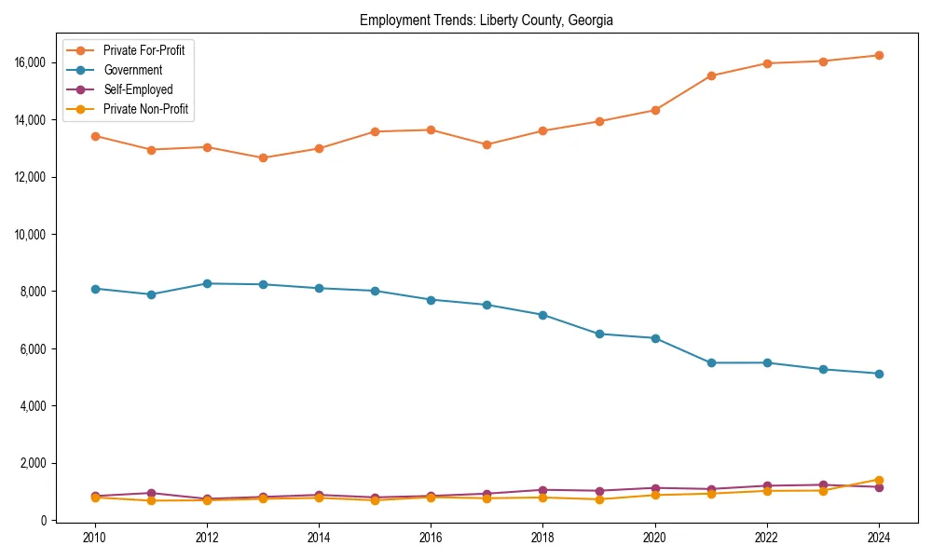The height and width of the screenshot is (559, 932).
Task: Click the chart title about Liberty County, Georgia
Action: click(486, 20)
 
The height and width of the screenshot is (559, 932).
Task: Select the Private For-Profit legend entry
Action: click(144, 50)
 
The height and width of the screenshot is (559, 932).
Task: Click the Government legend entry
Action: click(132, 70)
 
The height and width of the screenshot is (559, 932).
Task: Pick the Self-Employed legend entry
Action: click(138, 89)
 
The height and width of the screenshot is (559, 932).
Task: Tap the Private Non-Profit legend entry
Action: click(145, 109)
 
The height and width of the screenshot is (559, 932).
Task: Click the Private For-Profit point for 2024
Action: click(879, 55)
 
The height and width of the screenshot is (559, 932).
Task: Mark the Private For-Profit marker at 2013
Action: click(263, 157)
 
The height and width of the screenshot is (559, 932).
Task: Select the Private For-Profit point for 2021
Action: click(711, 75)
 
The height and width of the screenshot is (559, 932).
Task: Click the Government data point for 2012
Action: click(207, 283)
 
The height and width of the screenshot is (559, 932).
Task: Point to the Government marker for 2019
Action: click(599, 334)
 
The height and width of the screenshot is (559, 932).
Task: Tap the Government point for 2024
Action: click(879, 374)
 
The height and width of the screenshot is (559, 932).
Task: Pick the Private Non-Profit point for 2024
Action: click(879, 480)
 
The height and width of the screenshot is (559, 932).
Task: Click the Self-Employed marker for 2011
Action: click(151, 493)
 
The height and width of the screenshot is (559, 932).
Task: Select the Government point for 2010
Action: click(94, 289)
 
